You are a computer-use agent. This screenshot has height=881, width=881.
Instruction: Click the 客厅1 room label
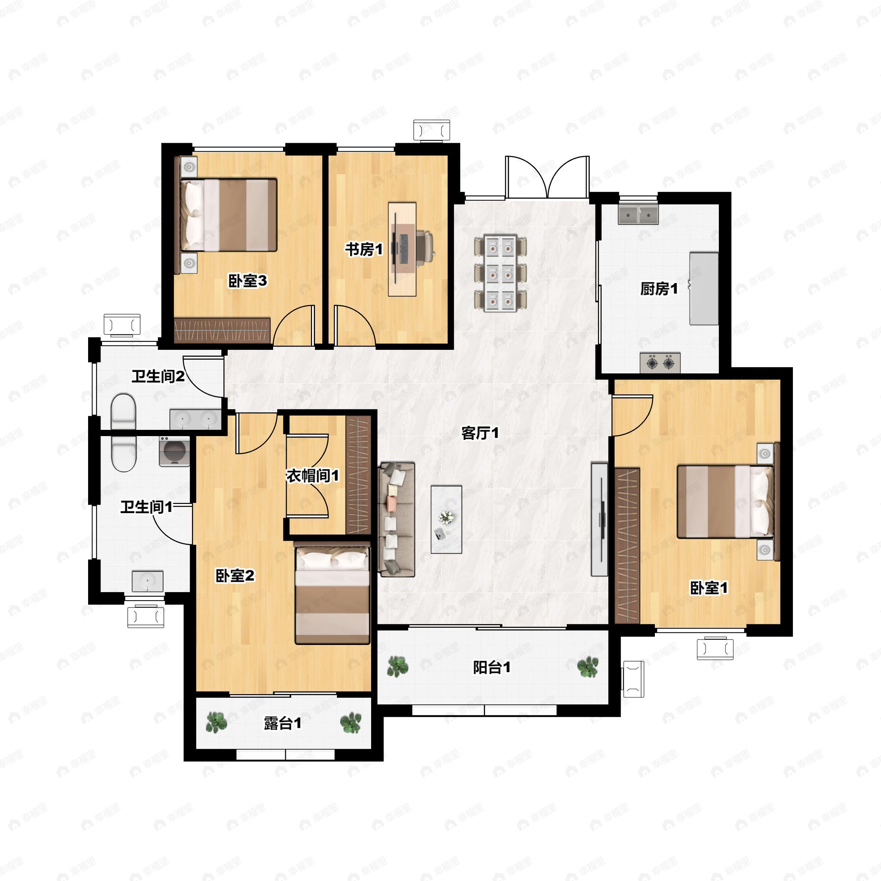(480, 433)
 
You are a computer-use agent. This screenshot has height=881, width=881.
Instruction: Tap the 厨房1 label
(659, 289)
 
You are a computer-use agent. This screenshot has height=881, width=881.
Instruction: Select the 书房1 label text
(363, 250)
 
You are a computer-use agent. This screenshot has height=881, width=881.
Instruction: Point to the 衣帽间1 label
(312, 476)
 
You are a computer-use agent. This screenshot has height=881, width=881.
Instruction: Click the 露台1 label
(282, 723)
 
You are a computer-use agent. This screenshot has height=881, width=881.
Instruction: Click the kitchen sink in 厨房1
(638, 215)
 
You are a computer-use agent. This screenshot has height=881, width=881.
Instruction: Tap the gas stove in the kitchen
(660, 363)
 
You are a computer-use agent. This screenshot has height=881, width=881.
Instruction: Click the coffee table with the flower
(446, 519)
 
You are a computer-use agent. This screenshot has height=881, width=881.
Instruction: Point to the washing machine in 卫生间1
(174, 452)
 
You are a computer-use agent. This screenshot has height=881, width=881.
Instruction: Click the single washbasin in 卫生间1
(147, 581)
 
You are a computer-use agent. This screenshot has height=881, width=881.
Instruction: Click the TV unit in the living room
(599, 519)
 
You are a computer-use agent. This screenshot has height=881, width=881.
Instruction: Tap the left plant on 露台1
(216, 722)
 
